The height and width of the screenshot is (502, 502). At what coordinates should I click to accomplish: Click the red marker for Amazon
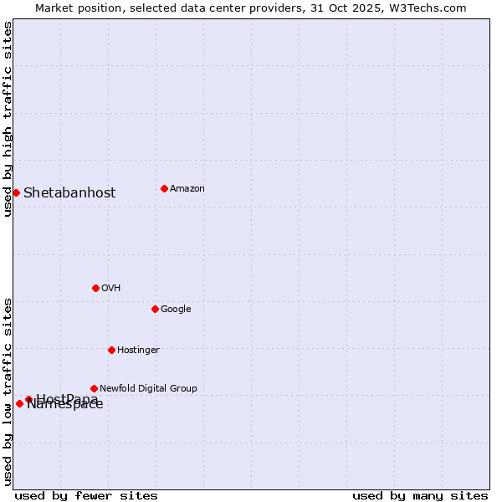click(164, 188)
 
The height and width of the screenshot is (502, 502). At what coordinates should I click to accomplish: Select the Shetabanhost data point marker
click(16, 192)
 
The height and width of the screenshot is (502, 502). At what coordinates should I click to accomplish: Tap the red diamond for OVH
click(95, 288)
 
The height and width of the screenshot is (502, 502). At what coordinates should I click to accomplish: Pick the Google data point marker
click(155, 309)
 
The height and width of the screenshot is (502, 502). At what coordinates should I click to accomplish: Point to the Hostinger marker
click(111, 350)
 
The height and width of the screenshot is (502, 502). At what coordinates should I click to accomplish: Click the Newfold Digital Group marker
click(94, 388)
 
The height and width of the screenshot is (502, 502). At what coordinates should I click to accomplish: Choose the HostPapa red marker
click(28, 399)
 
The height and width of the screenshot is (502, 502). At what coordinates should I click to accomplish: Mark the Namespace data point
click(19, 403)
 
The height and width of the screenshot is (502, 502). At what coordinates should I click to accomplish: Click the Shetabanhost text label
click(69, 193)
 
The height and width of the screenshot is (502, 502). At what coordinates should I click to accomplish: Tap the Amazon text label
click(187, 189)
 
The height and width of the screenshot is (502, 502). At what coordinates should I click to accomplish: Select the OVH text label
click(111, 289)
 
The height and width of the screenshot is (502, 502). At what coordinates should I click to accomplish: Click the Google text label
click(176, 310)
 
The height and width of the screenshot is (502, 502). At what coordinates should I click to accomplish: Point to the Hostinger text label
click(138, 351)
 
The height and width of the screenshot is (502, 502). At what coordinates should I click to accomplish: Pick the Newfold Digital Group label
click(148, 389)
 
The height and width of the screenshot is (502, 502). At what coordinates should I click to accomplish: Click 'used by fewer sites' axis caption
click(86, 495)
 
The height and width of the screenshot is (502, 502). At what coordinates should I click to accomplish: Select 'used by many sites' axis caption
click(420, 495)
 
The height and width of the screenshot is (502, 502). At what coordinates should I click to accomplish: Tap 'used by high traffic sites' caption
click(8, 119)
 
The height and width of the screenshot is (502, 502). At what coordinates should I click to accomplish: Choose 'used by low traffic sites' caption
click(8, 391)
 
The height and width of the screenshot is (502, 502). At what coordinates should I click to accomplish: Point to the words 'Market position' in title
click(73, 8)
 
